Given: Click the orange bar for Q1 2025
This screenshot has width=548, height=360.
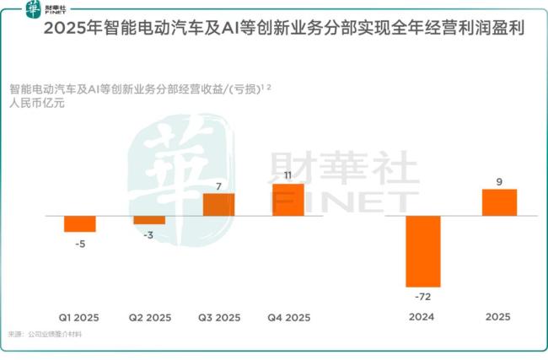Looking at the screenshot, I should click(x=80, y=223).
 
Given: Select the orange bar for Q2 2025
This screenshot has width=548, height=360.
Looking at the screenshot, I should click(x=149, y=220).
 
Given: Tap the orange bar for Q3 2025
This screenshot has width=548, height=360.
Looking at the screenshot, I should click(x=218, y=205).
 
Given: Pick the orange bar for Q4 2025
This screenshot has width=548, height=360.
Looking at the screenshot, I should click(x=287, y=200).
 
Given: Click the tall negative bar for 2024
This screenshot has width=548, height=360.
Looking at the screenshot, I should click(x=423, y=251).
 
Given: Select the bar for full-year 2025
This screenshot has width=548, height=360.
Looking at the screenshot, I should click(x=499, y=202).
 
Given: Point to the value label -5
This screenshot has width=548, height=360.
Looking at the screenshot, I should click(x=80, y=244).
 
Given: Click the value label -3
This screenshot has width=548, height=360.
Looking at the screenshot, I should click(x=149, y=237).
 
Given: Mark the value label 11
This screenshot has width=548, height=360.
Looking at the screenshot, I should click(x=287, y=175).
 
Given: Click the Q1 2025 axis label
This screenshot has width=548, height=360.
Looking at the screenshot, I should click(x=79, y=318).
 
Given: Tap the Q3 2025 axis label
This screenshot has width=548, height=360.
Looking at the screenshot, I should click(x=219, y=318).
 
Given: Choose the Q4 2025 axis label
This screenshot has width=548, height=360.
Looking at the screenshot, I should click(x=289, y=318).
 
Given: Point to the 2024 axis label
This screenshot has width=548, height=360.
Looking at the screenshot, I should click(x=422, y=318).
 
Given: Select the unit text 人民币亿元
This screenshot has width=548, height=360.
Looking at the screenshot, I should click(x=38, y=105).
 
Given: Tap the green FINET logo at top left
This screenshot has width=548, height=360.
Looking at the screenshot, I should click(x=31, y=9).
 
